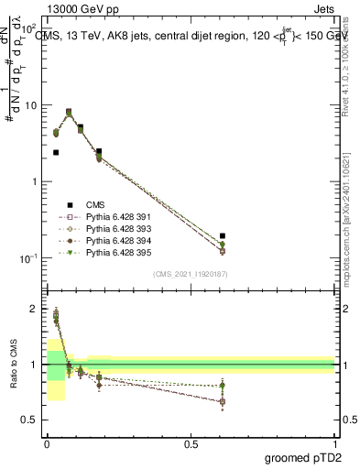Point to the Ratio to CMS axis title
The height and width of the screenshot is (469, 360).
tap(14, 365)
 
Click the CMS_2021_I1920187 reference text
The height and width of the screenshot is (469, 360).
tap(190, 274)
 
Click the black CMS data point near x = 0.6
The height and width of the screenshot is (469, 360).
tap(223, 236)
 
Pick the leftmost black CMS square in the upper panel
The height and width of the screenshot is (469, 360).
tap(56, 153)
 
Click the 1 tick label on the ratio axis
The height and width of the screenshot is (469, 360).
tap(35, 365)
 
